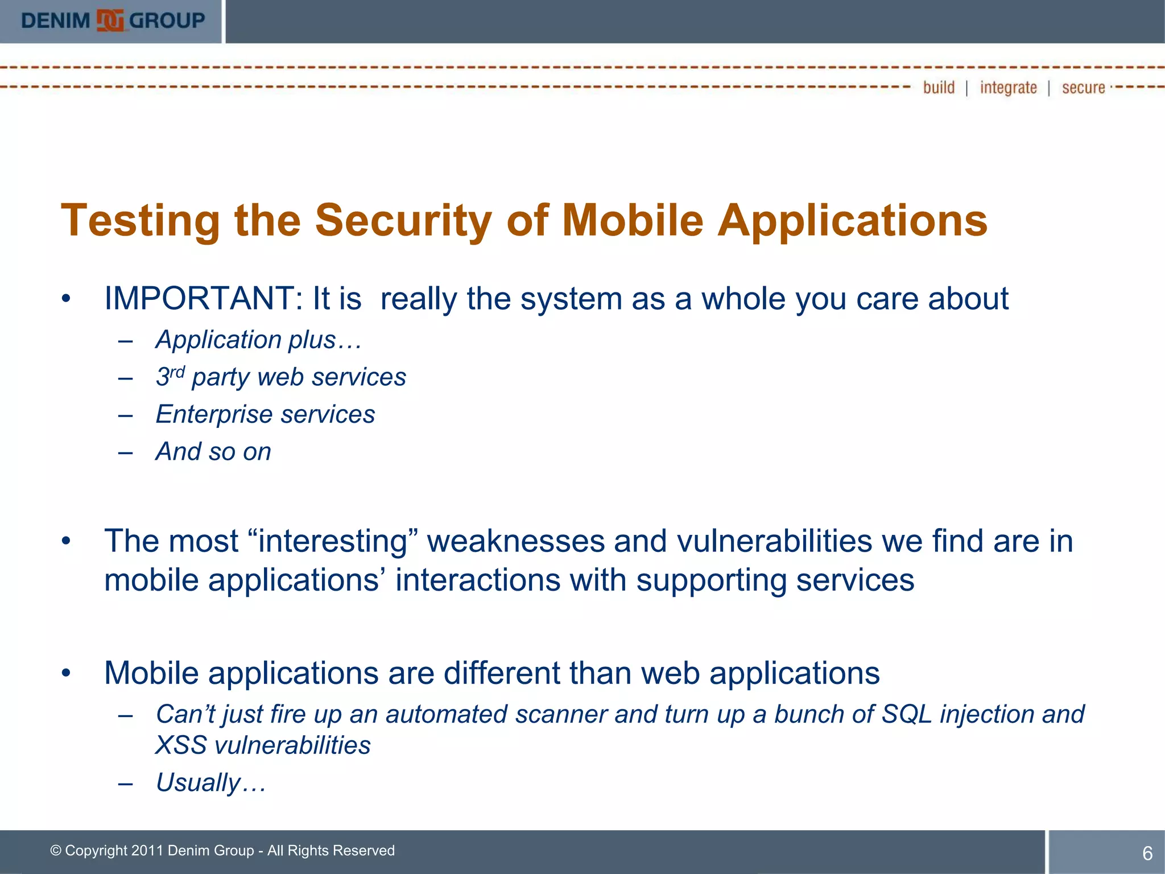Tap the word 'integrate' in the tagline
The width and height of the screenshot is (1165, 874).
[x=1008, y=88]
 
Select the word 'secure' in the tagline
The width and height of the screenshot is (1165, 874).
[x=1083, y=88]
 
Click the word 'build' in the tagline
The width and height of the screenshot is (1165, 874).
[x=939, y=88]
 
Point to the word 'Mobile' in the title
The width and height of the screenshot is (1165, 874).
[x=633, y=221]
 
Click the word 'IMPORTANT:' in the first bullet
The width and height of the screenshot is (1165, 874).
[x=203, y=299]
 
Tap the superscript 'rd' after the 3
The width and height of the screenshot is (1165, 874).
[x=177, y=372]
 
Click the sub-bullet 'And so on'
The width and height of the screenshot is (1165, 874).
[x=213, y=452]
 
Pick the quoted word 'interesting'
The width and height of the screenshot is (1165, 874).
[x=333, y=541]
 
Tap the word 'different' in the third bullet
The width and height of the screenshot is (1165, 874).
[x=501, y=674]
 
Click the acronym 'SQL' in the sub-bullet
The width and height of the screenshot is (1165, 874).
[x=907, y=715]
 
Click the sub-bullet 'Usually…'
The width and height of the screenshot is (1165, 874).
[x=210, y=784]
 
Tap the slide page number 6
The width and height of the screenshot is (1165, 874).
[x=1147, y=854]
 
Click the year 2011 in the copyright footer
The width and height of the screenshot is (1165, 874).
[x=147, y=851]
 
